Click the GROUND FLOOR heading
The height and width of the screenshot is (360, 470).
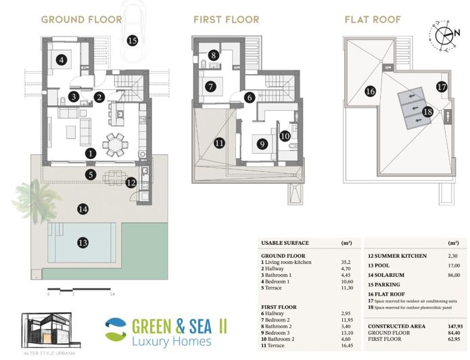(x=81, y=19)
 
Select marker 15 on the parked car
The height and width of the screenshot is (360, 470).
(x=132, y=41)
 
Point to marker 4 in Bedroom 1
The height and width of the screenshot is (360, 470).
(x=62, y=60)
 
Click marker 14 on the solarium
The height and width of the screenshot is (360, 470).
(x=83, y=209)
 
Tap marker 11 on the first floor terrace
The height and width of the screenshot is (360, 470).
(x=218, y=143)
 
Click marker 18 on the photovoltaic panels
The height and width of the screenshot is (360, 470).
(x=427, y=112)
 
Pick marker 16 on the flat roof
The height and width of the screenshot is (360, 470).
(x=369, y=91)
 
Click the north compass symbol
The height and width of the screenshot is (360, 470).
(x=444, y=36)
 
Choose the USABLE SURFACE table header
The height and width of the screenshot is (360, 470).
(x=284, y=242)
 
